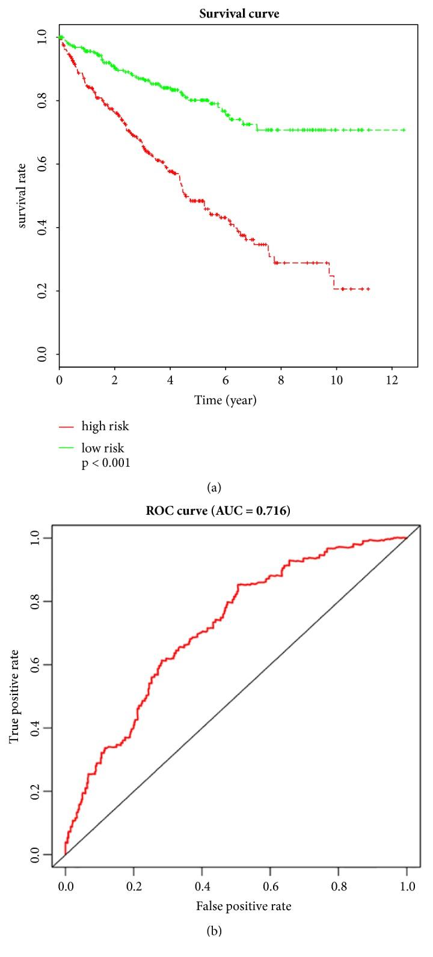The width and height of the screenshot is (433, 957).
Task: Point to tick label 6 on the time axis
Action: point(226,381)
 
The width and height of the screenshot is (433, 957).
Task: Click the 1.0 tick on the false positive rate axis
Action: point(407,903)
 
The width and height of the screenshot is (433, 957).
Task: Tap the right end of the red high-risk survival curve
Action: point(368,289)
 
